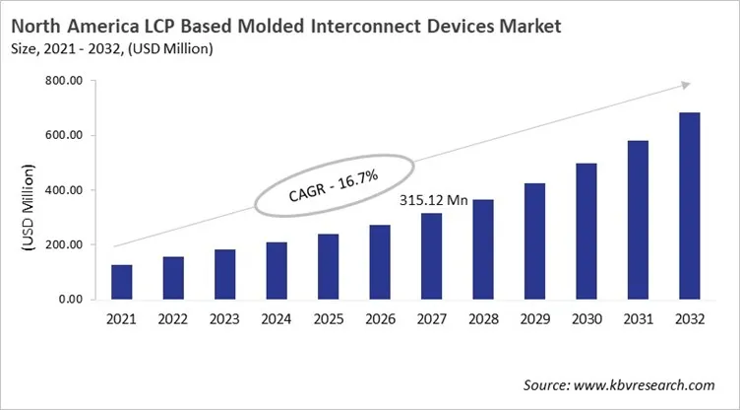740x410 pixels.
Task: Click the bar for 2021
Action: [121, 282]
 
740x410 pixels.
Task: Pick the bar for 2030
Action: [587, 232]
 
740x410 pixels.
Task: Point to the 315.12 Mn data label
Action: [434, 200]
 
